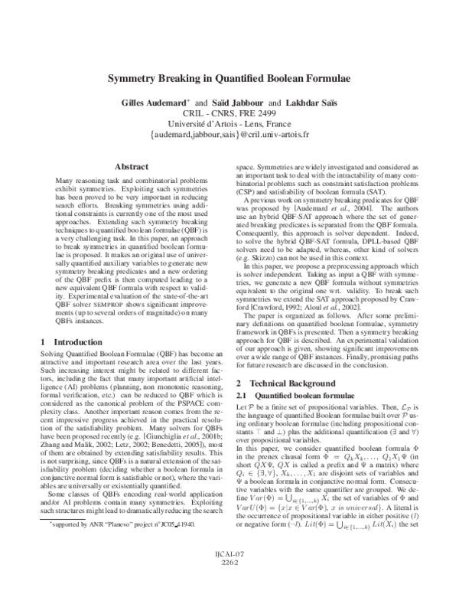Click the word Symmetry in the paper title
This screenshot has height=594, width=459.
[132, 79]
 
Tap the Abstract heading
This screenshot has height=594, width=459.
[130, 166]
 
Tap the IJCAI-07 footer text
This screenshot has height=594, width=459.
[229, 573]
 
